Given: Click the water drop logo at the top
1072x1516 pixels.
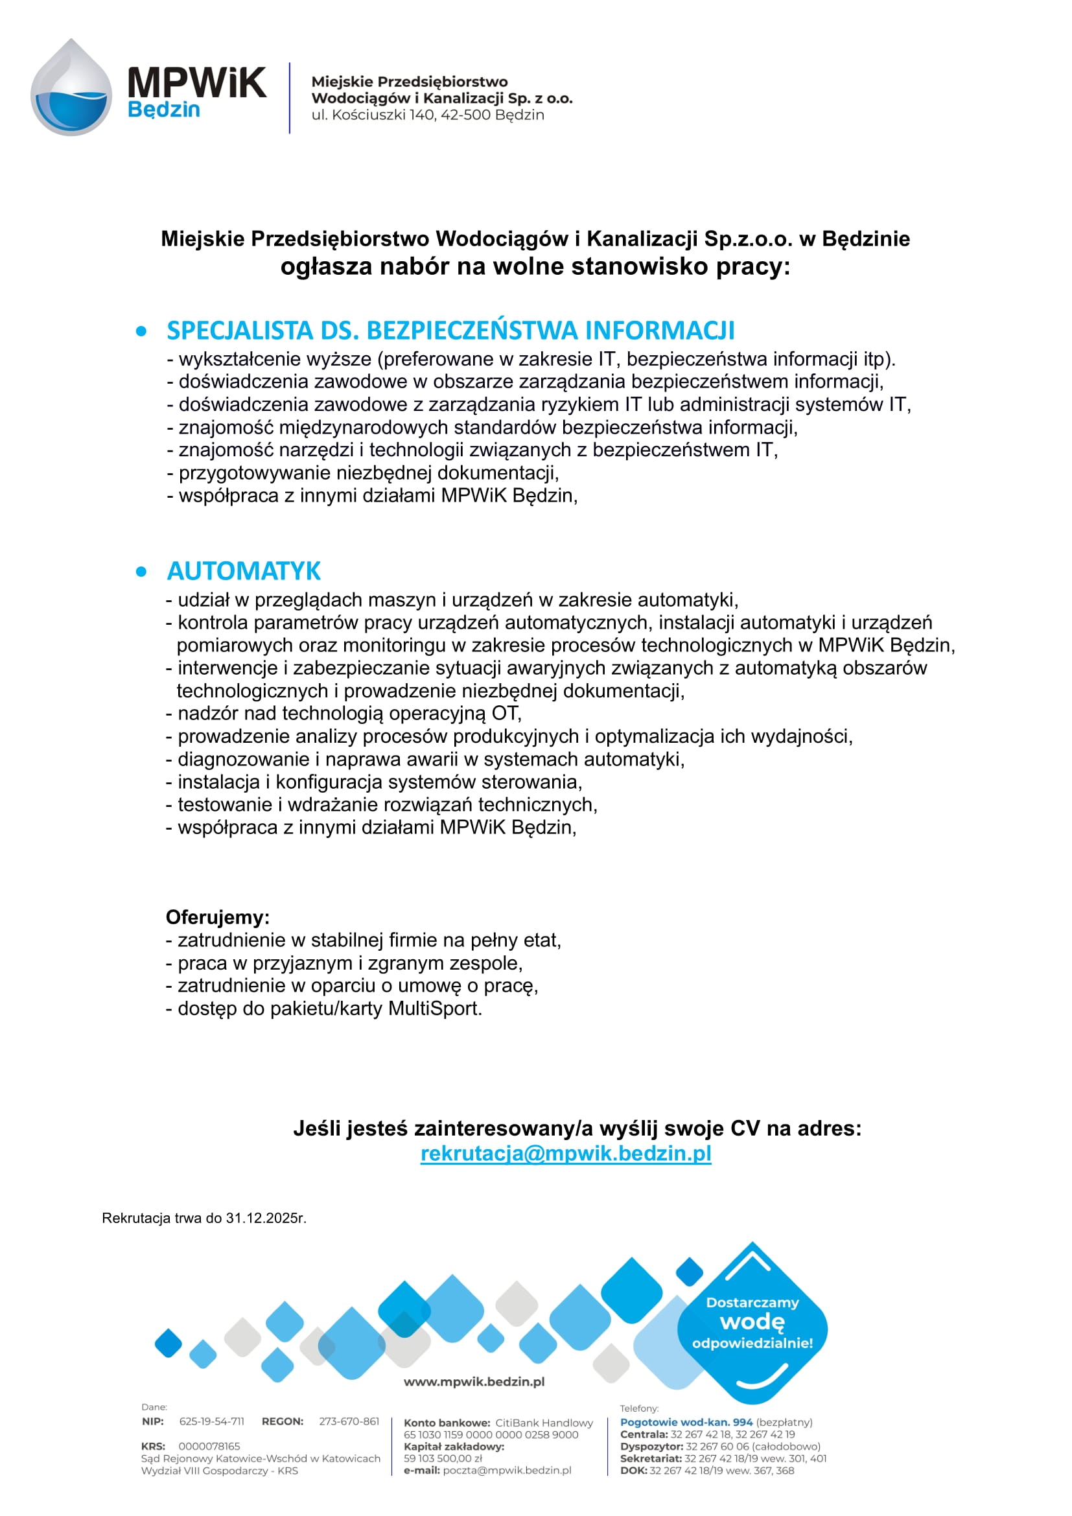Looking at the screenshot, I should pos(71,87).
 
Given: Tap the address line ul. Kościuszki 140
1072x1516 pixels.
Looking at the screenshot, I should pos(428,115).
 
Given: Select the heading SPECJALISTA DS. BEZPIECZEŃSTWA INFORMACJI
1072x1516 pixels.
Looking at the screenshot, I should pos(450,330).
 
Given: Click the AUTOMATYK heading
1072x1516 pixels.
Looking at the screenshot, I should pos(244,571).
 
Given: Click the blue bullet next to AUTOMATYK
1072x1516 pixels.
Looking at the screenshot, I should pos(141,572).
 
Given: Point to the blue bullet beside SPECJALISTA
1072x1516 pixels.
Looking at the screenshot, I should pos(141,331).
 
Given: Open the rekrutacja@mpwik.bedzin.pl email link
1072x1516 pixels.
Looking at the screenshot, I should pos(566,1154).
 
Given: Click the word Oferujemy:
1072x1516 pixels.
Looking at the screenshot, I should pos(218,917).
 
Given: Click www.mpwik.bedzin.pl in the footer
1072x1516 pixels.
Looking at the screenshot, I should pos(474,1382).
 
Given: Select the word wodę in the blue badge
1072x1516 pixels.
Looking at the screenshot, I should pos(752,1322).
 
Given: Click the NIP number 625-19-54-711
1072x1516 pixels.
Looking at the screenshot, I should pos(212,1421).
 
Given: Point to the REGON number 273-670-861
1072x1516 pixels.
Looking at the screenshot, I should pos(349,1421).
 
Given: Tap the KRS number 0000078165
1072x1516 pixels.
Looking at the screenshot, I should pos(209,1446).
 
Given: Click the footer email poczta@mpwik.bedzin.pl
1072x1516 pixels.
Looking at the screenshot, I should pos(507,1471).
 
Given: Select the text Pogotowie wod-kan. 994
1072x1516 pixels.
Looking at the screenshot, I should pos(686,1422).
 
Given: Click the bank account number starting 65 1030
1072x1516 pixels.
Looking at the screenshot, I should pos(491,1435).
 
